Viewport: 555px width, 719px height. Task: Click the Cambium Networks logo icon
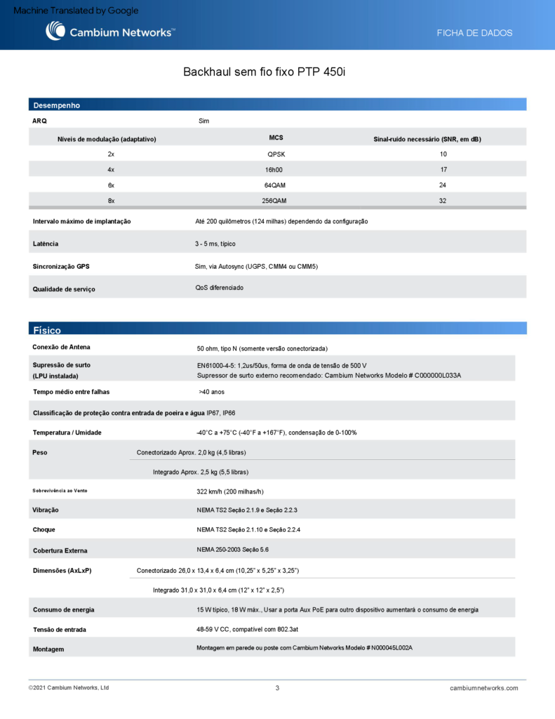pos(55,31)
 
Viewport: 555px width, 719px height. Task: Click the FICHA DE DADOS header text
pos(474,33)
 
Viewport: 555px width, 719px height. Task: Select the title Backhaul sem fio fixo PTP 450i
pos(265,72)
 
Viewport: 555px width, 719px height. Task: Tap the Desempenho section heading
pos(57,105)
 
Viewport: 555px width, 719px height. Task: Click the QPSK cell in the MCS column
pos(276,154)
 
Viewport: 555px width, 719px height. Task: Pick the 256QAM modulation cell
pos(274,201)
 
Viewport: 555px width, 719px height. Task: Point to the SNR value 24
pos(443,185)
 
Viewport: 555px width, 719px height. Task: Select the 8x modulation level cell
pos(111,201)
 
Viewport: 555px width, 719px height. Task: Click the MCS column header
pos(276,138)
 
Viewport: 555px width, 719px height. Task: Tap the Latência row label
pos(46,244)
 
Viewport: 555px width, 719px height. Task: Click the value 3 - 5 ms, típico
pos(215,244)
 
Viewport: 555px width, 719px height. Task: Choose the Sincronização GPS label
pos(61,267)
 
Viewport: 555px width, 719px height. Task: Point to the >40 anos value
pos(212,392)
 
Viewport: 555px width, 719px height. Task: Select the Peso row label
pos(40,453)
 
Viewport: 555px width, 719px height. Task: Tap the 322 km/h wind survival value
pos(230,492)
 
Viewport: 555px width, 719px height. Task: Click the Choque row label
pos(44,529)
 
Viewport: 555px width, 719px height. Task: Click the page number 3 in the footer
pos(277,688)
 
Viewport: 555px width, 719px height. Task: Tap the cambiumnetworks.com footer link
pos(483,688)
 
